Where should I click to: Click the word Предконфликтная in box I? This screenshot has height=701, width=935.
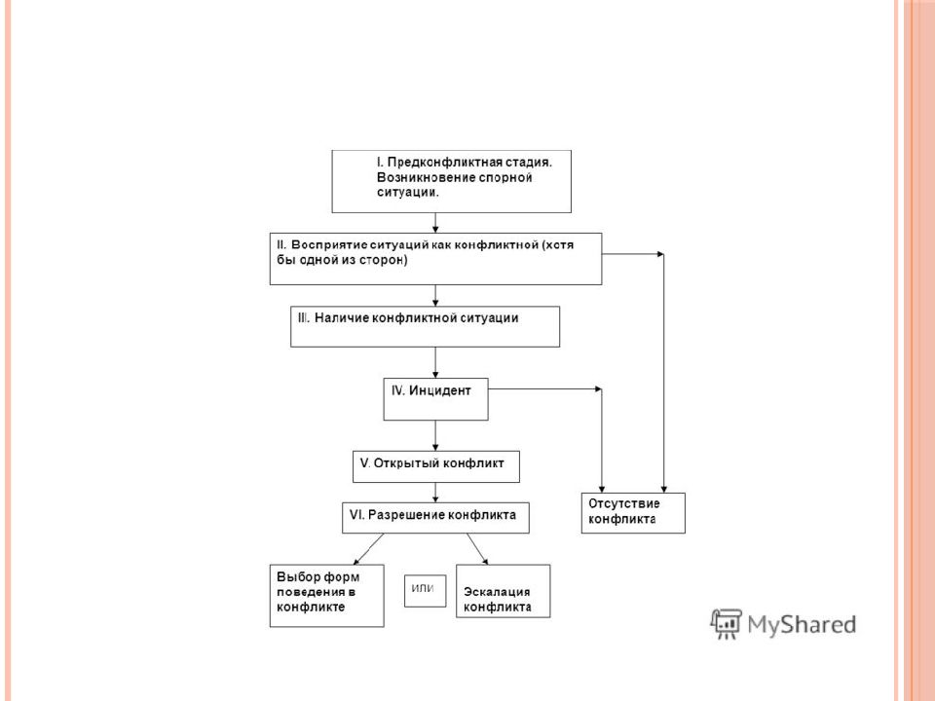tap(445, 163)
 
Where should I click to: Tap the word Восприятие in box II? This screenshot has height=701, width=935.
tap(329, 245)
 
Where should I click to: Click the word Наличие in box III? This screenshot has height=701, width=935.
tap(342, 318)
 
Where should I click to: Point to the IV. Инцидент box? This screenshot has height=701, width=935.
tap(436, 399)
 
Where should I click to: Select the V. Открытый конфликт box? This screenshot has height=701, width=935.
tap(436, 466)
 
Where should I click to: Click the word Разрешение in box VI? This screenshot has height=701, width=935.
tap(406, 515)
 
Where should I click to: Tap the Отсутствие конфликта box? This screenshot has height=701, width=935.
tap(633, 513)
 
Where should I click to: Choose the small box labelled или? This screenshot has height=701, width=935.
tap(426, 591)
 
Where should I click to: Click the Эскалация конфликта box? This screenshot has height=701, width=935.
tap(504, 591)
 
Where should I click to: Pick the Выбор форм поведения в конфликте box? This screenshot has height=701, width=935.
tap(327, 596)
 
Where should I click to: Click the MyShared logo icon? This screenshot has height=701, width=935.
tap(726, 623)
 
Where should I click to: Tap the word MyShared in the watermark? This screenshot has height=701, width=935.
tap(802, 625)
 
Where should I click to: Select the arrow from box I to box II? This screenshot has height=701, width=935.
tap(435, 222)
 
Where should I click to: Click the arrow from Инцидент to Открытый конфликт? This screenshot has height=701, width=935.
tap(435, 436)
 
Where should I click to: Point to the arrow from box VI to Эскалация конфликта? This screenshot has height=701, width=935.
tap(477, 549)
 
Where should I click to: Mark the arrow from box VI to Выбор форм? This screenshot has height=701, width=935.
tap(368, 549)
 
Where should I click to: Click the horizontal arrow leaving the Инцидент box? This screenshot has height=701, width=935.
tap(545, 389)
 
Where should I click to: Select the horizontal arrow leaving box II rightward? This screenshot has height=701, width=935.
tap(633, 254)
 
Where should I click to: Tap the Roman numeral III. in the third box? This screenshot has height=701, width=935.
tap(304, 318)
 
